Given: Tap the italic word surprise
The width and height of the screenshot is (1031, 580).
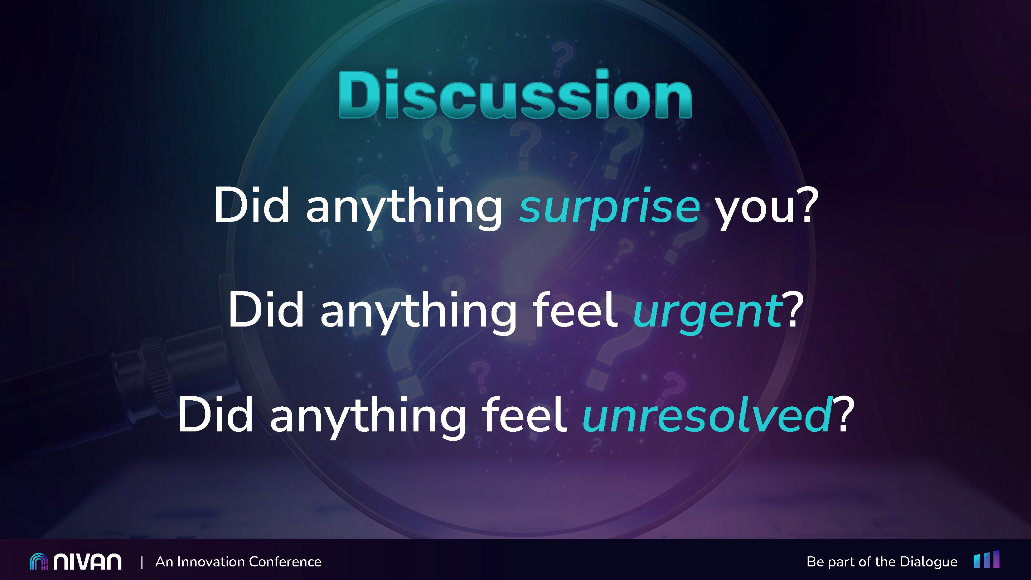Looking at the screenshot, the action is coord(610,208).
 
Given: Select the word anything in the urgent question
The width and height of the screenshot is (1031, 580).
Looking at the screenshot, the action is coord(418,312).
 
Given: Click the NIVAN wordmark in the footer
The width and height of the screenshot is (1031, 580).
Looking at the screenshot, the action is coord(87,562).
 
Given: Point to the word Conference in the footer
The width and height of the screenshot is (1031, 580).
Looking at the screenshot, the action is coord(285,562).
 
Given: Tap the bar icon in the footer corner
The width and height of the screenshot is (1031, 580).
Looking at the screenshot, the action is coord(987,559).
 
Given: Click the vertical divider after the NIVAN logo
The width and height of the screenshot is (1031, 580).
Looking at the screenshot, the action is coord(142,562).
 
